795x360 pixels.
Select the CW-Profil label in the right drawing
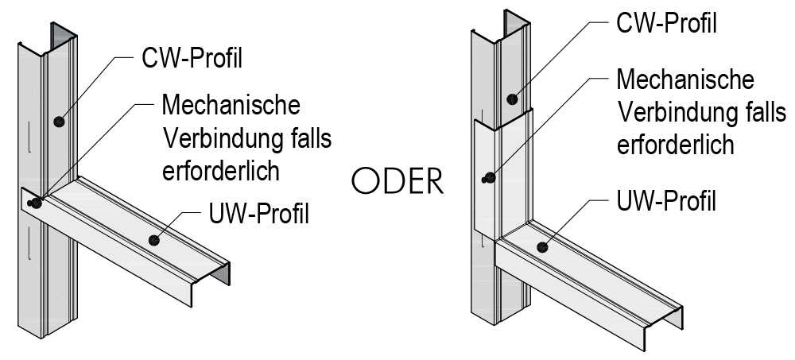point(666,22)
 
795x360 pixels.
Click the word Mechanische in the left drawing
point(231,104)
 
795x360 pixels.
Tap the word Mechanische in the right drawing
point(685,80)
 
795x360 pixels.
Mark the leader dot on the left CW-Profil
point(58,122)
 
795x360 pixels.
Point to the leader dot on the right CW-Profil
point(514,99)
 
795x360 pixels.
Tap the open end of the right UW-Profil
point(666,321)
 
